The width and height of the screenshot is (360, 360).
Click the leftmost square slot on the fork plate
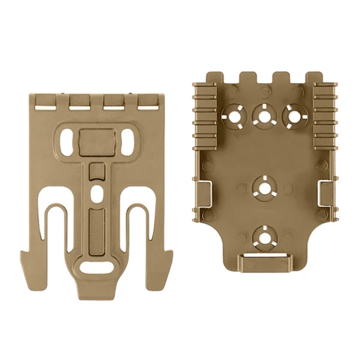(43, 104)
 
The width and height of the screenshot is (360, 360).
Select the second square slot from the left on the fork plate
(78, 104)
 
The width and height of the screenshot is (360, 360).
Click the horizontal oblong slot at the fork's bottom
(98, 268)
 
